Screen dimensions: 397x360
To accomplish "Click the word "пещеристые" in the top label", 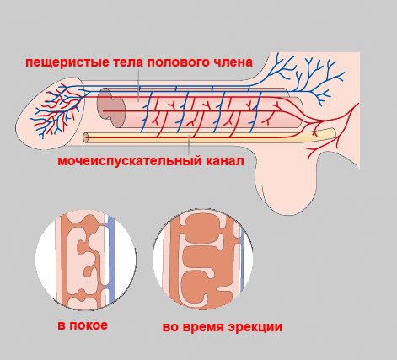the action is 67,62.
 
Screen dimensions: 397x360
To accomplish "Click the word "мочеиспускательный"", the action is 130,161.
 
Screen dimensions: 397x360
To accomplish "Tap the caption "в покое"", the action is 83,325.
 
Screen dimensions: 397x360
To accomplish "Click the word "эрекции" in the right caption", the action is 255,327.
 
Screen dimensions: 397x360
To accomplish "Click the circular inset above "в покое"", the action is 86,260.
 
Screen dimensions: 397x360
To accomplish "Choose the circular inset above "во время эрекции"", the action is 202,259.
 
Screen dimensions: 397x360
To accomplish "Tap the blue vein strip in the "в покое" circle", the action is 111,259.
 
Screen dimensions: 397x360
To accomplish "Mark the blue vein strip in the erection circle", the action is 242,260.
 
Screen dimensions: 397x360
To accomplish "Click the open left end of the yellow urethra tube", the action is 85,137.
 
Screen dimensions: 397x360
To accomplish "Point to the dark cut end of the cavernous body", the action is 110,107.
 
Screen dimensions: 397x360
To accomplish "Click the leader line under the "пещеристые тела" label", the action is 138,85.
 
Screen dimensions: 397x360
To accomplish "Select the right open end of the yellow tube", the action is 333,132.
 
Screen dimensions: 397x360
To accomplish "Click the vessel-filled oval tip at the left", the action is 50,112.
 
